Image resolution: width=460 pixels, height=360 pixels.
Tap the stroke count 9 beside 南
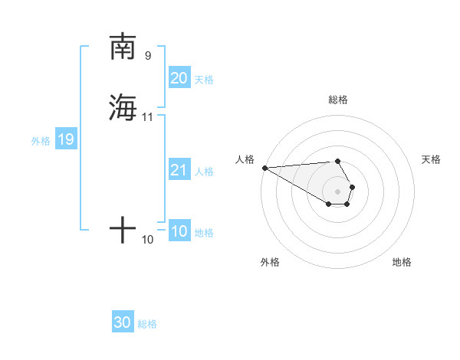(x=148, y=55)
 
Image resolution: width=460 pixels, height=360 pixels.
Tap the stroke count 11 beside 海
(x=148, y=116)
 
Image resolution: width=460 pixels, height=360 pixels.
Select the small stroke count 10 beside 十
(x=148, y=240)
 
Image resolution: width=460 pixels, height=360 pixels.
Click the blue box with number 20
(x=179, y=78)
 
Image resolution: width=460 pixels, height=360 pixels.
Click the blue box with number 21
(x=179, y=170)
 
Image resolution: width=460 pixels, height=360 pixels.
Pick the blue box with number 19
(x=65, y=139)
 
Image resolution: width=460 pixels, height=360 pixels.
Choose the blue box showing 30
(x=123, y=322)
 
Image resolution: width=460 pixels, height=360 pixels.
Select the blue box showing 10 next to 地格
(x=179, y=231)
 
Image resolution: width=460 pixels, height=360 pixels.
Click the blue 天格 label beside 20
(x=204, y=80)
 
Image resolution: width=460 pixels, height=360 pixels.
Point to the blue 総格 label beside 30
(x=147, y=324)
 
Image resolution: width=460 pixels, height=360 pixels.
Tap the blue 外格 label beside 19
(x=41, y=141)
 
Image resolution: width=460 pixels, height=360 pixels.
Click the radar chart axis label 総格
(x=337, y=100)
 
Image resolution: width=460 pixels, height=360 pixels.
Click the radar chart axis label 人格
(x=245, y=159)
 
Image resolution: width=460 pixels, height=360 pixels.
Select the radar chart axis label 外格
(x=270, y=262)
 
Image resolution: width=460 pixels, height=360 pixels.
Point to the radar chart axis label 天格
(x=431, y=159)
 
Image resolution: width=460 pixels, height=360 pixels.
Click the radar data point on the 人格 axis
(x=264, y=168)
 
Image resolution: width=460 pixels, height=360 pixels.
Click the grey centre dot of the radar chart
(x=337, y=191)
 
